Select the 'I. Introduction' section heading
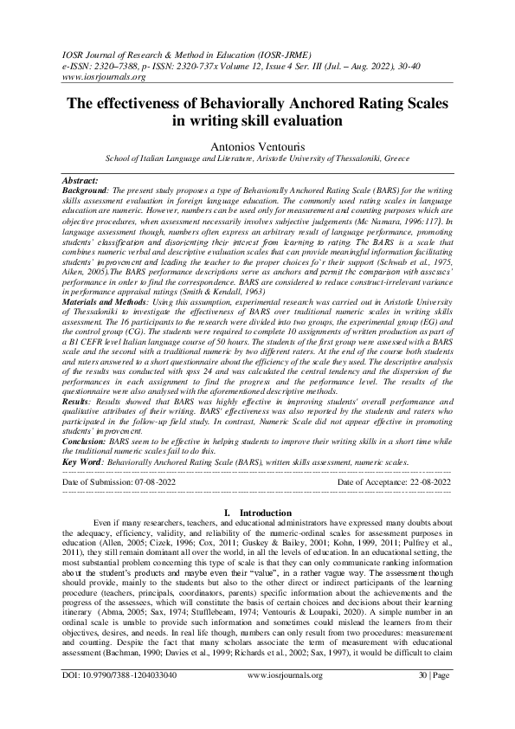click(257, 513)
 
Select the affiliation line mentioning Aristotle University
click(257, 159)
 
